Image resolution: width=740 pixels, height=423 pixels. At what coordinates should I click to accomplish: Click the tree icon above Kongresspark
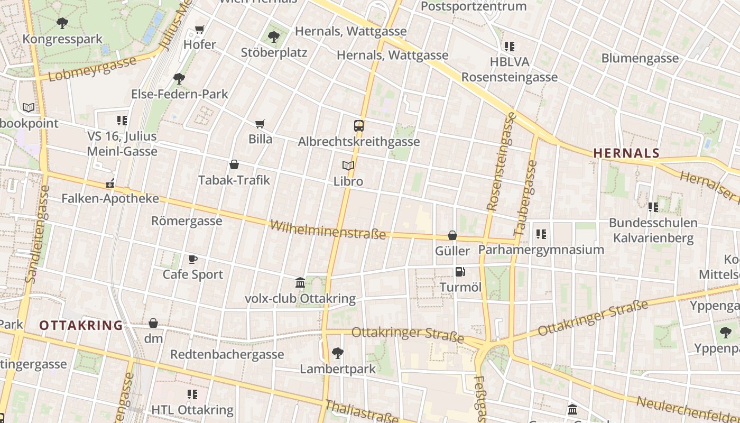coord(62,23)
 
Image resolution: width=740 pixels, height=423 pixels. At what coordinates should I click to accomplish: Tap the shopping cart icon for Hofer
coord(199,29)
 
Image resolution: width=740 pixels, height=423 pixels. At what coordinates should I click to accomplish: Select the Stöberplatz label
coord(274,53)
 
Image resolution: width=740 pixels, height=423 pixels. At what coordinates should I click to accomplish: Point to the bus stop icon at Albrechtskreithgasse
coord(359,126)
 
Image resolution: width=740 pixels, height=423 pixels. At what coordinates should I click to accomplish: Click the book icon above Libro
coord(348,166)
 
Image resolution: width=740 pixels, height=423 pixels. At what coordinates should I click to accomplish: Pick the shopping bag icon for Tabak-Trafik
coord(234,165)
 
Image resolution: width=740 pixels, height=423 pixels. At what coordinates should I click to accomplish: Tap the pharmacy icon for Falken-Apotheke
coord(110,184)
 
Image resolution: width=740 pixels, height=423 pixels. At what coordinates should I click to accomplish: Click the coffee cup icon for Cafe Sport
coord(193,259)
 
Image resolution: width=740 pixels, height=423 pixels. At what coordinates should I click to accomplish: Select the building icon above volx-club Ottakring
coord(300,283)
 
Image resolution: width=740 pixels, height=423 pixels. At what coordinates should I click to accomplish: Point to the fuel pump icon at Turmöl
coord(460,272)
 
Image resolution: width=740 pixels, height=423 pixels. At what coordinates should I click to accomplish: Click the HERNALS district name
coord(626,153)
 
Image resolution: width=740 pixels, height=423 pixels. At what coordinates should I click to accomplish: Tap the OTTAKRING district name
coord(81,325)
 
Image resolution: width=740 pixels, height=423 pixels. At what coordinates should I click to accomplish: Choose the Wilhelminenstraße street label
coord(328,230)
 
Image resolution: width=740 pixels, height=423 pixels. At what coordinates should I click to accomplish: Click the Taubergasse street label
coord(525,198)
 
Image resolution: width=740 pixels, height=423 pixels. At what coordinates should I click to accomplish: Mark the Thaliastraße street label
coord(362,411)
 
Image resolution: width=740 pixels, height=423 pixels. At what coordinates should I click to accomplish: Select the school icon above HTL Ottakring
coord(192,394)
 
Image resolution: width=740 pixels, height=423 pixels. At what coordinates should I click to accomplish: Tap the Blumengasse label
coord(640,58)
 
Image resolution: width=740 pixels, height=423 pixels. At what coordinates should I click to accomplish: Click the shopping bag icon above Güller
coord(452,235)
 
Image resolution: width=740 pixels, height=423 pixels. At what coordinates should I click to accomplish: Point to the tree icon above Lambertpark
coord(337,353)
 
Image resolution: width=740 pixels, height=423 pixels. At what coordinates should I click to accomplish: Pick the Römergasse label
coord(187,220)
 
